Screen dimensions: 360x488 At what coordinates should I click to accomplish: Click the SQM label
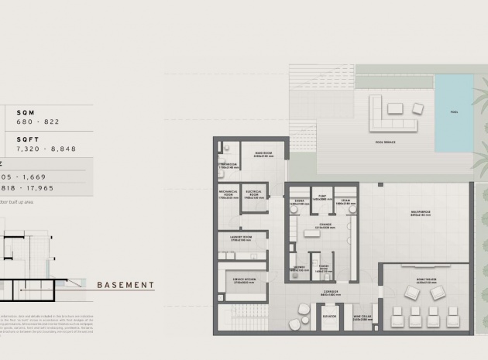point(26,112)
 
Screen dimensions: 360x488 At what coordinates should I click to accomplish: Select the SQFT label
point(28,139)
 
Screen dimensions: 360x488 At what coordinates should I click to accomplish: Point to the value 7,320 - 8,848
point(46,149)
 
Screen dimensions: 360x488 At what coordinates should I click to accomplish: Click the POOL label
point(454,112)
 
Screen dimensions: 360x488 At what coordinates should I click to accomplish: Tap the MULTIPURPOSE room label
point(419,214)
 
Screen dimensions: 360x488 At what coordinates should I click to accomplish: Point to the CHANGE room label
point(324,227)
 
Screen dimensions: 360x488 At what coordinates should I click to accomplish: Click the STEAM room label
point(346,201)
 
